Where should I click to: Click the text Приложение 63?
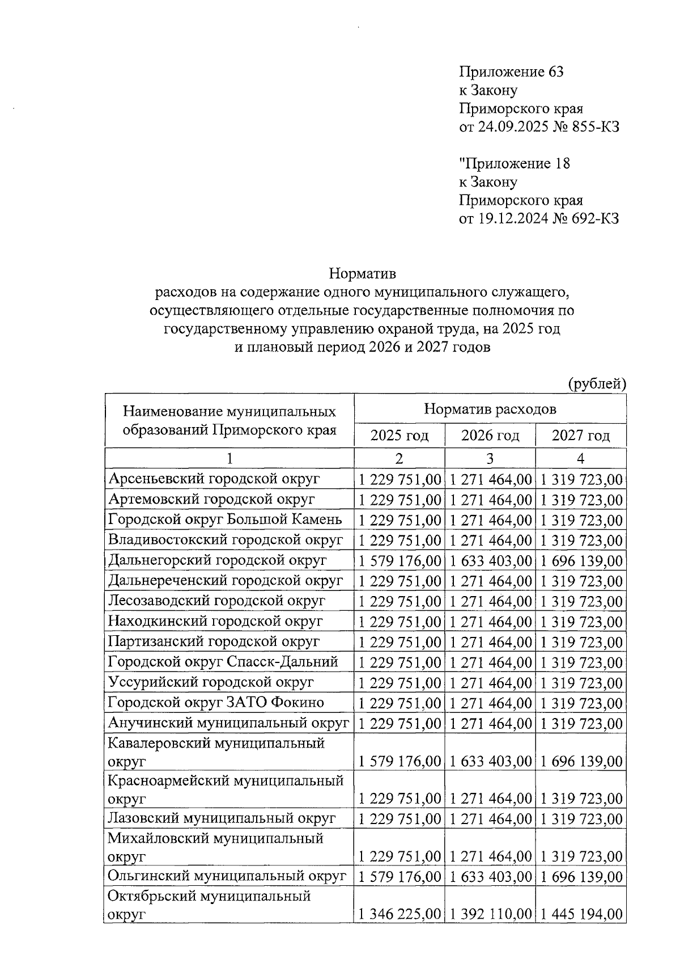click(511, 72)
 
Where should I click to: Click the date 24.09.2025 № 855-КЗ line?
click(539, 127)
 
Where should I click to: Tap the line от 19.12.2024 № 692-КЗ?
click(538, 219)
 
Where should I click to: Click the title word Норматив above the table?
click(363, 274)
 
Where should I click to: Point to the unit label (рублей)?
click(597, 384)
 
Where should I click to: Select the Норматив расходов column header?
click(490, 409)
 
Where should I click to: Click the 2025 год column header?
click(399, 436)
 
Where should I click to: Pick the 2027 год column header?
click(581, 436)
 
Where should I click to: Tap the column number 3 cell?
click(490, 458)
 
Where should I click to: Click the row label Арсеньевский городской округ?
click(214, 479)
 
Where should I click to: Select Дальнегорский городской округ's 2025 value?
click(400, 561)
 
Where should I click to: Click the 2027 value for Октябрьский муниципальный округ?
click(581, 914)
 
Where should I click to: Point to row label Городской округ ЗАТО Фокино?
click(216, 703)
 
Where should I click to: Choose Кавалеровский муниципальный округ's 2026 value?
click(491, 761)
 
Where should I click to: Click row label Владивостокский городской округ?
click(226, 540)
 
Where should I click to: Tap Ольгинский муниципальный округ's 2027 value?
click(581, 877)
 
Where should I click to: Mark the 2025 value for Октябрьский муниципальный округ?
click(400, 914)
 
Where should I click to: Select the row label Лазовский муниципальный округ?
click(222, 818)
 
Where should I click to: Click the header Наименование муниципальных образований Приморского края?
click(229, 420)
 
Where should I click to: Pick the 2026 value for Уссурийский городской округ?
click(491, 683)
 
